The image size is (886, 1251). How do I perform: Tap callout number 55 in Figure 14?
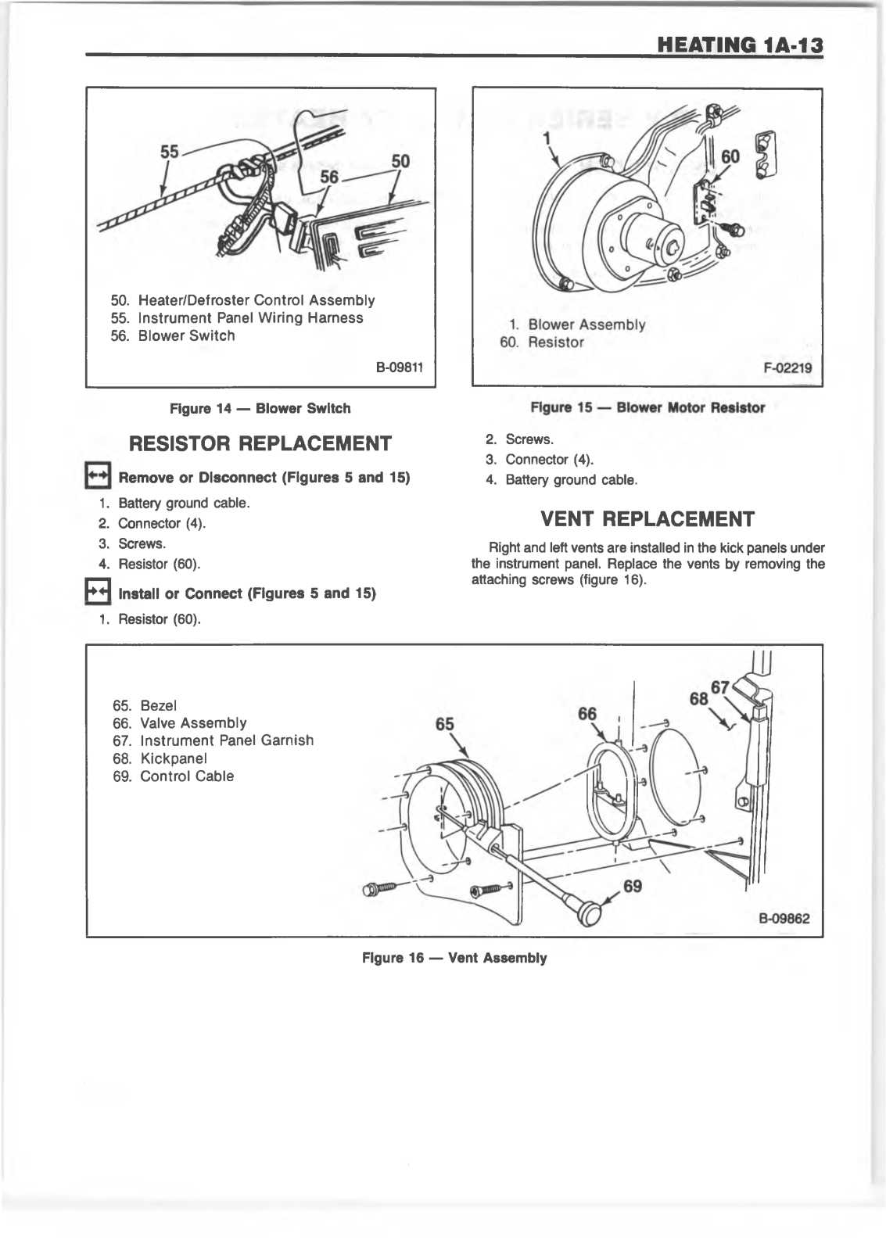click(x=170, y=152)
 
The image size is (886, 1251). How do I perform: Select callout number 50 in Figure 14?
click(x=400, y=161)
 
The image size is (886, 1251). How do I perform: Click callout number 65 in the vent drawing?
click(x=444, y=724)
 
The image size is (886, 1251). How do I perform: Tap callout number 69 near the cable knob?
click(x=633, y=887)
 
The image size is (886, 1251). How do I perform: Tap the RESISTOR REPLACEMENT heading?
click(x=260, y=443)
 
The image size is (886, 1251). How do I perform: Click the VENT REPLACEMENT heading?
click(x=647, y=519)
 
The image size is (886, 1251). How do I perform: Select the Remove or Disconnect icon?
click(x=98, y=476)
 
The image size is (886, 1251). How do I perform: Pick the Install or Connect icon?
click(x=98, y=593)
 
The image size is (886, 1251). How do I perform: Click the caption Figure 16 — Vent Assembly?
click(x=454, y=958)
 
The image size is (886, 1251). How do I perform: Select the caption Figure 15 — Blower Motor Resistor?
click(x=647, y=407)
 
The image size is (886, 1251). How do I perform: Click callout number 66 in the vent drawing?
click(x=586, y=714)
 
